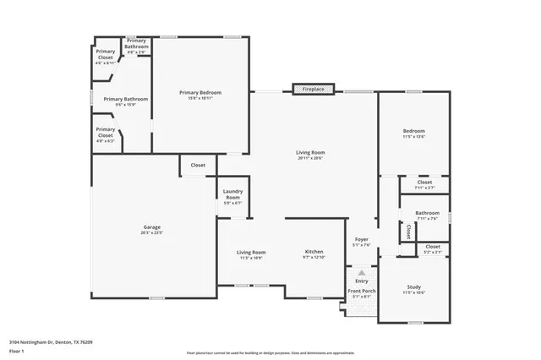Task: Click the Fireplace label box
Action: click(314, 89)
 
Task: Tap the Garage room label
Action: click(152, 228)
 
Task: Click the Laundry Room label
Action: click(232, 198)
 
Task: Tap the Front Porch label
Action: click(362, 293)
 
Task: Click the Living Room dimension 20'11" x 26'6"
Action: click(310, 158)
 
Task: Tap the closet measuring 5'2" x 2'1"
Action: click(433, 248)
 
